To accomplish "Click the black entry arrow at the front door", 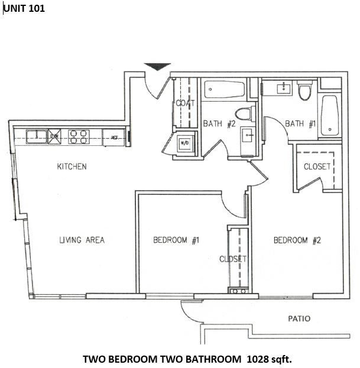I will click(x=157, y=67).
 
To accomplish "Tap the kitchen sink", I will click(x=34, y=136).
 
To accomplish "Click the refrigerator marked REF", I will click(x=113, y=137).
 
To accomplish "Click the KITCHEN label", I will click(x=72, y=167).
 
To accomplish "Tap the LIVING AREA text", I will click(x=82, y=240).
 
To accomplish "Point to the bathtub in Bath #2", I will click(x=225, y=90).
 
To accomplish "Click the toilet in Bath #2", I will click(x=243, y=113).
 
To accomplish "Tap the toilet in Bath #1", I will click(x=305, y=92).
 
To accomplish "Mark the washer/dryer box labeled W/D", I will click(x=184, y=142).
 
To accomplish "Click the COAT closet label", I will click(x=185, y=103).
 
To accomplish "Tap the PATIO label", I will click(x=299, y=318).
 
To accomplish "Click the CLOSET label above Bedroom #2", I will click(x=317, y=167).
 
